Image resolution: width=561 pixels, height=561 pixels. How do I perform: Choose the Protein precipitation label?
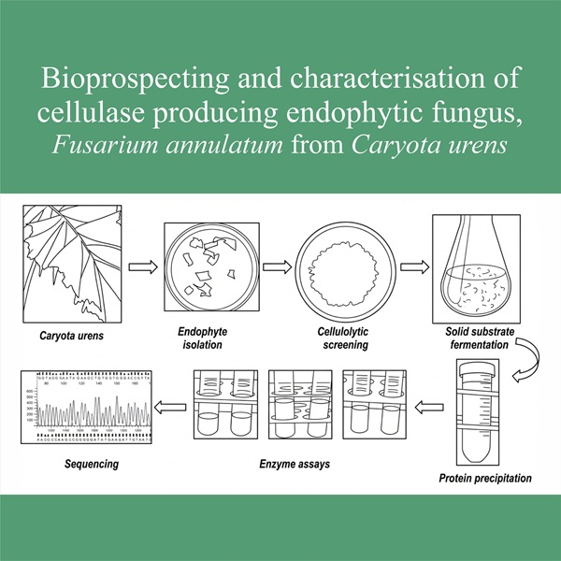(485, 479)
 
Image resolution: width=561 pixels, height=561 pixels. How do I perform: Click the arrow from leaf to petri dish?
(141, 267)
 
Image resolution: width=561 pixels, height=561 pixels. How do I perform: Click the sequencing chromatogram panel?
(85, 407)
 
